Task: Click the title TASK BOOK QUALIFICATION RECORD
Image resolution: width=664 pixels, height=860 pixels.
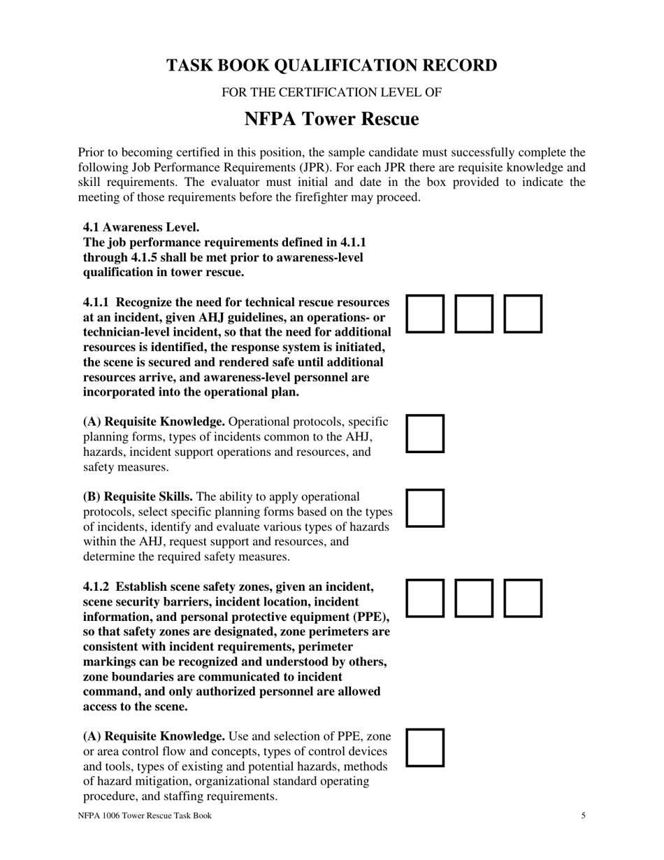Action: pyautogui.click(x=331, y=66)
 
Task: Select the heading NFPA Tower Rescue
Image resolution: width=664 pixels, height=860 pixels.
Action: pyautogui.click(x=331, y=120)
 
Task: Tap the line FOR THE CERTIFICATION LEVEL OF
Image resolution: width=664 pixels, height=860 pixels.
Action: pyautogui.click(x=331, y=92)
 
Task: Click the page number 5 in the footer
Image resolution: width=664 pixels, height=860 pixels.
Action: pyautogui.click(x=583, y=816)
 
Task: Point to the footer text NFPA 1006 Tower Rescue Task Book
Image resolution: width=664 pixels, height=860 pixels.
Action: pyautogui.click(x=145, y=816)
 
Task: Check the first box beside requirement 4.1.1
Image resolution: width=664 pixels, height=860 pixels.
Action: pyautogui.click(x=425, y=313)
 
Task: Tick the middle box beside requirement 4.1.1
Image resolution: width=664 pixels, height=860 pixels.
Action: pyautogui.click(x=474, y=313)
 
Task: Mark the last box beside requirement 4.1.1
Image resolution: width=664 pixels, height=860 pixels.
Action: pyautogui.click(x=523, y=313)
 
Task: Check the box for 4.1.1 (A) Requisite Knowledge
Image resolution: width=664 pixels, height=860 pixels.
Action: pyautogui.click(x=425, y=433)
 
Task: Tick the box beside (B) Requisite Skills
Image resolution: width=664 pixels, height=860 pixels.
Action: pyautogui.click(x=425, y=508)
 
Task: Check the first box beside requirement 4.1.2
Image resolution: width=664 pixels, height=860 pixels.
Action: pyautogui.click(x=425, y=598)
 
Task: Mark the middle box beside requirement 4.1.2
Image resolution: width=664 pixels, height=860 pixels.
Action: pyautogui.click(x=474, y=598)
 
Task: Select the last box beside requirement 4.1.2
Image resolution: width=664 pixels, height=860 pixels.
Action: pyautogui.click(x=523, y=598)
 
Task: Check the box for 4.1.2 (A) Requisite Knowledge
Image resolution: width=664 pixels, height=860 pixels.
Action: pyautogui.click(x=425, y=747)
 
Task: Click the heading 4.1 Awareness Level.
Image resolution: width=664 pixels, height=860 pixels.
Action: pyautogui.click(x=141, y=227)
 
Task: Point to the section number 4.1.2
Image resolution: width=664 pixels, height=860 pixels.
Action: pyautogui.click(x=96, y=587)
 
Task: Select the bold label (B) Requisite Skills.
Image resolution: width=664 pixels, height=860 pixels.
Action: pyautogui.click(x=138, y=497)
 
